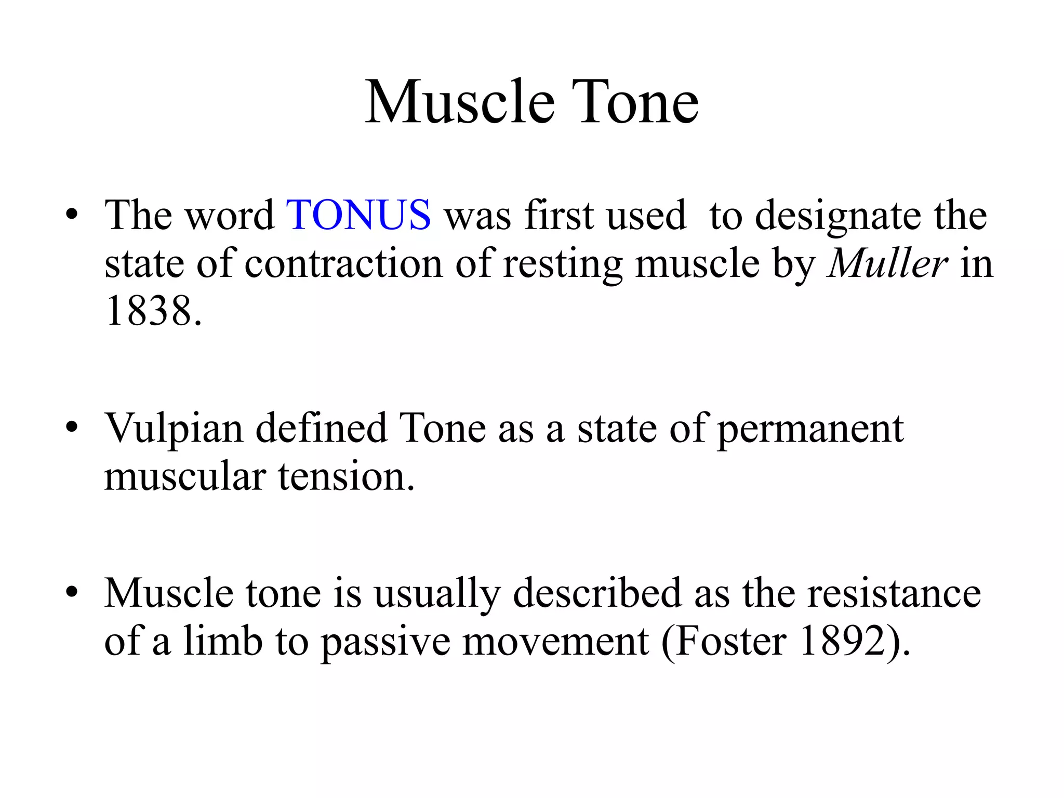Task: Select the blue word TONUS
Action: pyautogui.click(x=358, y=215)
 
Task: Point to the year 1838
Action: pyautogui.click(x=148, y=311)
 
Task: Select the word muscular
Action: pyautogui.click(x=184, y=477)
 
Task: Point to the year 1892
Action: pyautogui.click(x=842, y=642)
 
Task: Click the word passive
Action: pyautogui.click(x=384, y=642)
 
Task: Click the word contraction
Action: pyautogui.click(x=343, y=264)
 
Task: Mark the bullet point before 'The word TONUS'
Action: pyautogui.click(x=72, y=215)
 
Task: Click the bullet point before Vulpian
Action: pyautogui.click(x=72, y=428)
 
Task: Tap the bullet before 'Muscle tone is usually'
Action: pyautogui.click(x=72, y=593)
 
